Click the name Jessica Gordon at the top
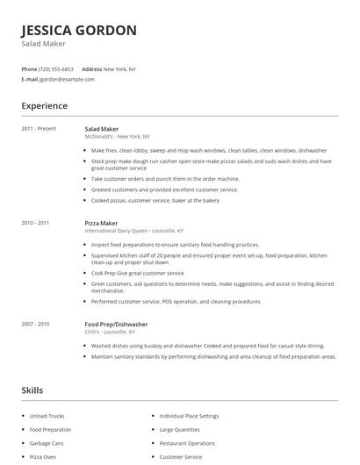coord(79,31)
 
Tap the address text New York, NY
coord(120,68)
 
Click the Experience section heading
coord(45,106)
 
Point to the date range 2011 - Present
coord(39,129)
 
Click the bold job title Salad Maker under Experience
coord(102,129)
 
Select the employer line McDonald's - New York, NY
coord(118,137)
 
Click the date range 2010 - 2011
coord(36,223)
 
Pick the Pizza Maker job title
coord(102,223)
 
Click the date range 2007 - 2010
coord(36,324)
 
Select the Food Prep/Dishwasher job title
coord(117,324)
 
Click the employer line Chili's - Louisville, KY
coord(111,332)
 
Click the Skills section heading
coord(33,389)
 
